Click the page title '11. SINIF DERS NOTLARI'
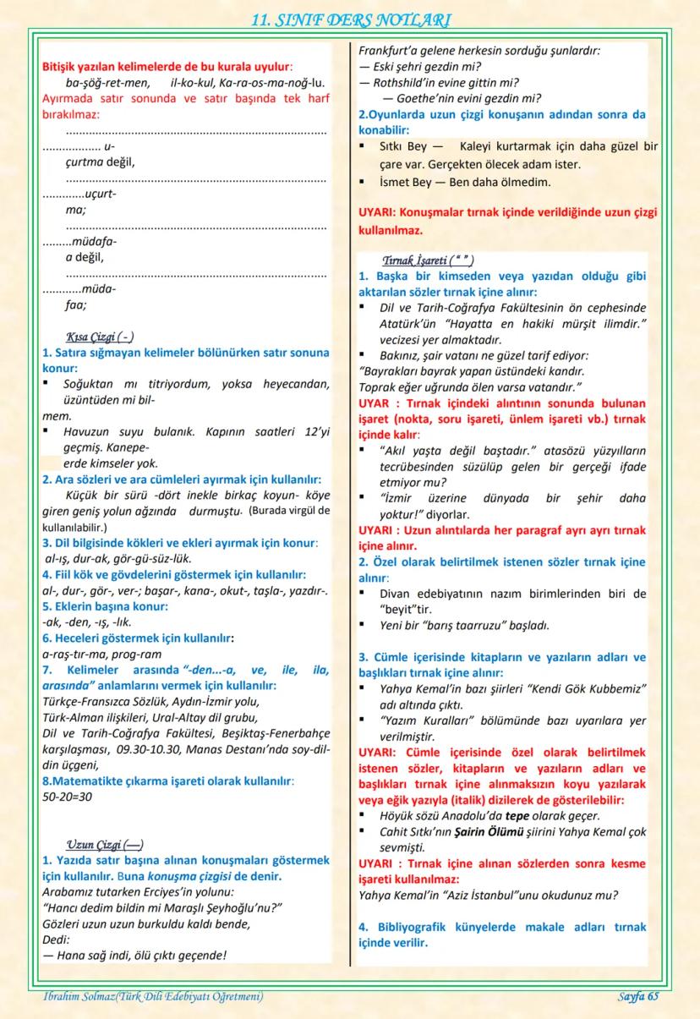click(x=350, y=19)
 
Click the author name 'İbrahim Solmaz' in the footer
click(x=77, y=997)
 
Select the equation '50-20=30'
click(x=68, y=796)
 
